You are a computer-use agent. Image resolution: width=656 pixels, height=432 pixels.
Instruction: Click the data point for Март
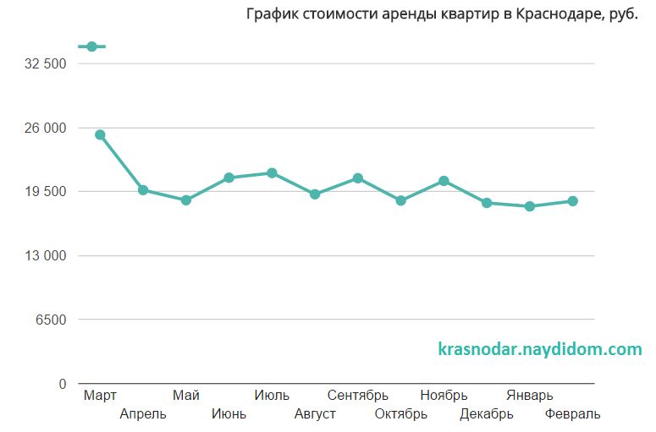(x=100, y=134)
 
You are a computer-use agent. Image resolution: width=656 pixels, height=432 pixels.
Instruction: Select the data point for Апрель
(x=143, y=190)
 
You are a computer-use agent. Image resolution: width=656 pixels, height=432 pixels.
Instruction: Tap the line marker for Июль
(x=272, y=173)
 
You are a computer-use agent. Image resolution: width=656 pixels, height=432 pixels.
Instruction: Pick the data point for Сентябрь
(x=358, y=178)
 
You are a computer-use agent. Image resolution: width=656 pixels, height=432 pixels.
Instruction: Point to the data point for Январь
(x=530, y=206)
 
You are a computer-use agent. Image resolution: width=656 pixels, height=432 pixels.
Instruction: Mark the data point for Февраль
(x=573, y=201)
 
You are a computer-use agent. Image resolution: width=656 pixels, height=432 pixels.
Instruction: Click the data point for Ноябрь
(x=444, y=181)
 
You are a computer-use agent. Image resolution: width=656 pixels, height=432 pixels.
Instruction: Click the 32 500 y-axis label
(x=47, y=64)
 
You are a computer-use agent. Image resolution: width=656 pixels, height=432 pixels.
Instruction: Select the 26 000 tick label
(x=47, y=129)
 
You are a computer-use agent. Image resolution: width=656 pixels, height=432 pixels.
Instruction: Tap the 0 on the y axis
(x=62, y=384)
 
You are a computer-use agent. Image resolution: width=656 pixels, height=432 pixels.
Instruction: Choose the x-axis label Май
(x=186, y=395)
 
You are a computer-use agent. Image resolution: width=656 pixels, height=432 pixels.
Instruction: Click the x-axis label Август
(x=315, y=414)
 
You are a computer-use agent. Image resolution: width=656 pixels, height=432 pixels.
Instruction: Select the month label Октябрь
(x=401, y=414)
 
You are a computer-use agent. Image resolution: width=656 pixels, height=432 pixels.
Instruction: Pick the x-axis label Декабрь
(x=487, y=414)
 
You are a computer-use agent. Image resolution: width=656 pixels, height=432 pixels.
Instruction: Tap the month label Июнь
(x=229, y=414)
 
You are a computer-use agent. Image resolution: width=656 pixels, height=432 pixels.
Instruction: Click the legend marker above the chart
(x=91, y=46)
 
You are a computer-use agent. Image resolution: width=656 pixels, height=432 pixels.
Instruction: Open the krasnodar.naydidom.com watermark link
(x=540, y=349)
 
